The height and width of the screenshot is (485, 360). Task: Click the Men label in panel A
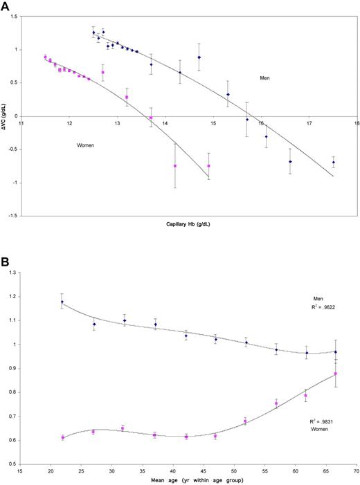click(x=265, y=77)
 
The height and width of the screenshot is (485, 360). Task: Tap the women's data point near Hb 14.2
click(x=175, y=166)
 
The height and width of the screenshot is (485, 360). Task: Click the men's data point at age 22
click(x=62, y=302)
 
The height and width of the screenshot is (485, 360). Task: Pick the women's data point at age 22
click(x=62, y=437)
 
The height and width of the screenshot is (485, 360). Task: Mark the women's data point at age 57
click(x=276, y=403)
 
